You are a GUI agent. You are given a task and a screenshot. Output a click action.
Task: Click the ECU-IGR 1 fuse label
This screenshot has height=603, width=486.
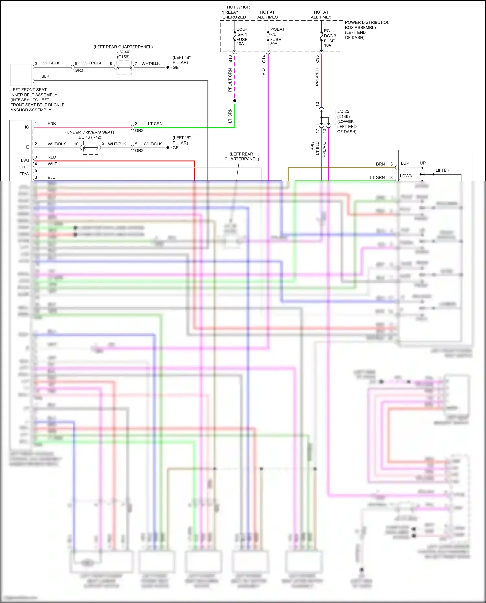click(242, 37)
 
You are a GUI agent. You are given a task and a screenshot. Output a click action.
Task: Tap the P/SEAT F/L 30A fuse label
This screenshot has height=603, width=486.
click(277, 37)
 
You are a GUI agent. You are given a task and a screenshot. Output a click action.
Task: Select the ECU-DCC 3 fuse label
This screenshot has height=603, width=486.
click(330, 38)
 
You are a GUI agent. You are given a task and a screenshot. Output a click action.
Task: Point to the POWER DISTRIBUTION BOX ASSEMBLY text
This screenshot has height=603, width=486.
click(367, 30)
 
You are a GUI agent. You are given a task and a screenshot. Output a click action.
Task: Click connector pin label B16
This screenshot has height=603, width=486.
click(230, 59)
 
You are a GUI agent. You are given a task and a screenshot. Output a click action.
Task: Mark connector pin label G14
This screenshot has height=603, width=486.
click(264, 59)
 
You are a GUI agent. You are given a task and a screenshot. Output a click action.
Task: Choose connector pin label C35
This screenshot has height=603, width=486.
click(317, 59)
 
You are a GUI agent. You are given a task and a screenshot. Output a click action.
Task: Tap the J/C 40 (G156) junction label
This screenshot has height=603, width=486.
click(123, 54)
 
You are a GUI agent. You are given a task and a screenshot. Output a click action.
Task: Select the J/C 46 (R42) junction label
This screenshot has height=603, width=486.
click(90, 137)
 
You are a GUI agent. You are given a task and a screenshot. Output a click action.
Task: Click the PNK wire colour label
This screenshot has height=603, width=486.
click(52, 124)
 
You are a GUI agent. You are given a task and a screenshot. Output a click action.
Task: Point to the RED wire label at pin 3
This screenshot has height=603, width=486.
click(52, 157)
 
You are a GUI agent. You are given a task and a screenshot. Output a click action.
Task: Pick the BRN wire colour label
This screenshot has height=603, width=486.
click(380, 164)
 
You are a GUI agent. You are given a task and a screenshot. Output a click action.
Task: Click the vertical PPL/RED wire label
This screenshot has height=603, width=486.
click(317, 77)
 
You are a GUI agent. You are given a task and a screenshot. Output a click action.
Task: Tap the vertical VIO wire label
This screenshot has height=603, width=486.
click(263, 72)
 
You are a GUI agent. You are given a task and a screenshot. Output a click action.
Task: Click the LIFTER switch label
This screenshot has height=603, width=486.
click(442, 170)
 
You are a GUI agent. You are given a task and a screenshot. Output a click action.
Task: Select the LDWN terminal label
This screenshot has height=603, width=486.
click(406, 176)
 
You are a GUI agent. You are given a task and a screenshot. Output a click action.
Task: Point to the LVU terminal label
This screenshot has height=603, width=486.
click(25, 160)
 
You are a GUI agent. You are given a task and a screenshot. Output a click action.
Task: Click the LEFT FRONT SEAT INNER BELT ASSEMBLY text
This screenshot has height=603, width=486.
click(37, 100)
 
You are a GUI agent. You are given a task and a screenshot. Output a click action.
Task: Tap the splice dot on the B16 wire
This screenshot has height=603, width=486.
click(235, 101)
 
